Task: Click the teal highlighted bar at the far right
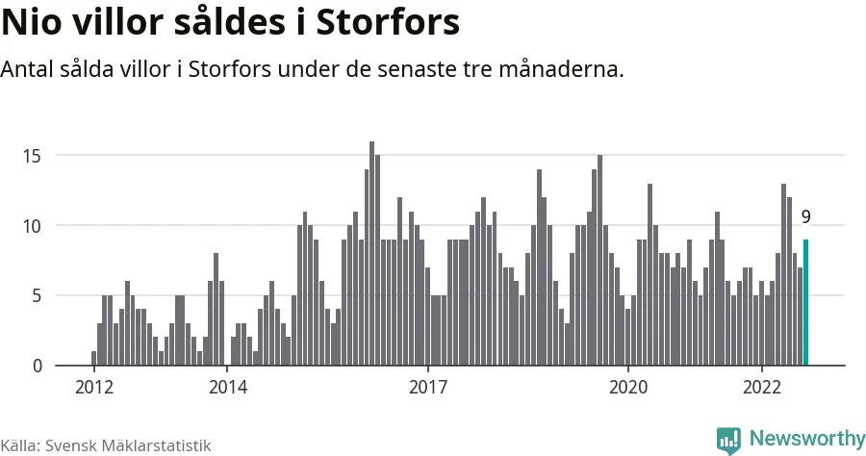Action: coord(806,302)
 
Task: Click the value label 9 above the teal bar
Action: coord(806,216)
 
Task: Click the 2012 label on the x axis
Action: coord(93,388)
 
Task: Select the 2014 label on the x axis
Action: coord(227,388)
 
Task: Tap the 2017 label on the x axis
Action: coord(428,388)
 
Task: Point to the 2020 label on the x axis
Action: coord(628,388)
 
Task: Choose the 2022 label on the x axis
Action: coord(762,388)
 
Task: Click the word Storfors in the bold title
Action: coord(395,23)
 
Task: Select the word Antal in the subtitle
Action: coord(28,70)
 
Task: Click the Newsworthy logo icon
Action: coord(728,440)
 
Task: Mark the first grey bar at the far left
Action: coord(93,358)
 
